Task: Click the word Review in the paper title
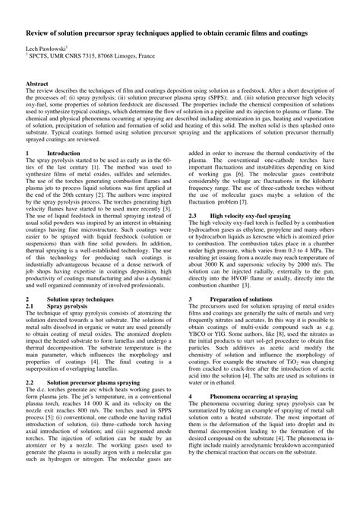pos(39,34)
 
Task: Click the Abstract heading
pos(38,103)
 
